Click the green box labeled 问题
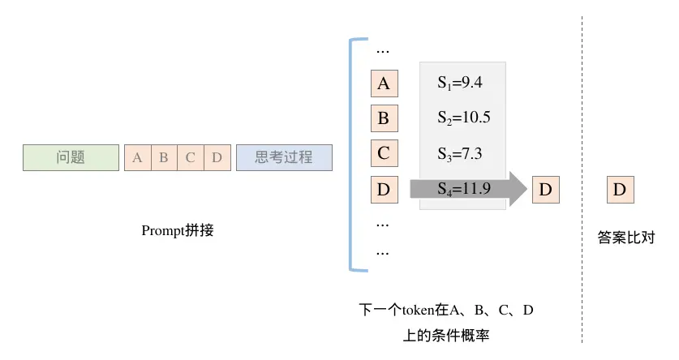[71, 157]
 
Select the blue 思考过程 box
[284, 157]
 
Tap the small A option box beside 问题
[136, 157]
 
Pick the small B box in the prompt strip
[163, 157]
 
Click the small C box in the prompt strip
[190, 157]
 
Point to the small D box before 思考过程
[217, 157]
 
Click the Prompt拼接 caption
[178, 229]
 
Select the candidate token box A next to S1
[384, 84]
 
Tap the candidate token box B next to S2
[384, 119]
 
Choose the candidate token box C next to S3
[384, 154]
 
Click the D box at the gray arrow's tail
[384, 191]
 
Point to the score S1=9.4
[460, 82]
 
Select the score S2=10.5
[463, 118]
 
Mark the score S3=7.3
[460, 153]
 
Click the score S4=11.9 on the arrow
[463, 191]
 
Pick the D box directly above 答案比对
[620, 191]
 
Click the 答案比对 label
[625, 238]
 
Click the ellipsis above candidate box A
[383, 49]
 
